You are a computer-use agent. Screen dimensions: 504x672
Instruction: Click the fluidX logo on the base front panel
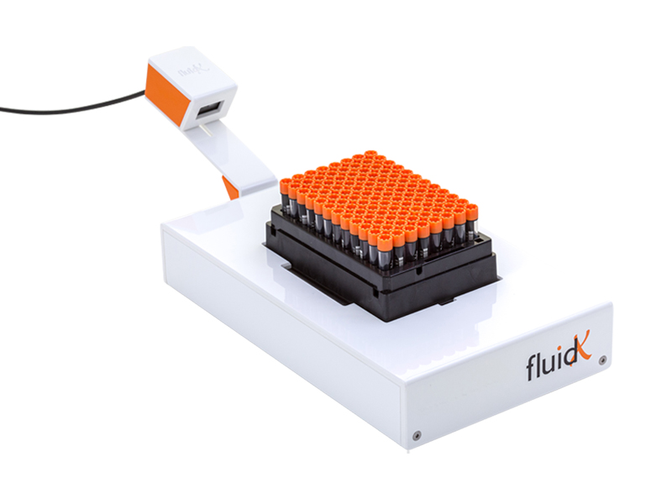[x=558, y=359]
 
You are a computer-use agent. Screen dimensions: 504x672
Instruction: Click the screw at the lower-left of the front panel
[x=417, y=434]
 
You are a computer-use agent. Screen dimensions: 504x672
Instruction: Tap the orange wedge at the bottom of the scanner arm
[x=229, y=186]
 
